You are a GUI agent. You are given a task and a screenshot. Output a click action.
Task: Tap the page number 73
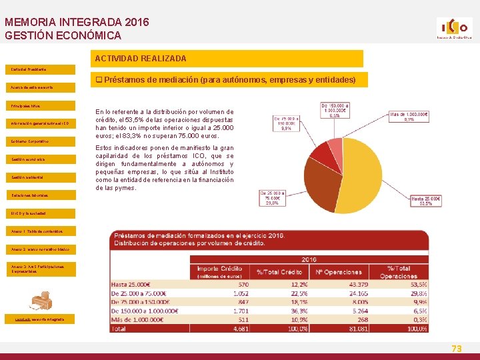(457, 349)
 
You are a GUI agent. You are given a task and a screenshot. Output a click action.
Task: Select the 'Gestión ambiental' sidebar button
(29, 177)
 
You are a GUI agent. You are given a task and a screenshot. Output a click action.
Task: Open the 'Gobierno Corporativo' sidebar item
(31, 141)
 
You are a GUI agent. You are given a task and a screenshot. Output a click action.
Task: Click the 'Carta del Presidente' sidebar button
(27, 69)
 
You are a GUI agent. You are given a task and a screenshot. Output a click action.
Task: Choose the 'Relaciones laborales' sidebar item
(30, 195)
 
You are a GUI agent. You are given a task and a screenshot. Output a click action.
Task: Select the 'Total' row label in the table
(121, 329)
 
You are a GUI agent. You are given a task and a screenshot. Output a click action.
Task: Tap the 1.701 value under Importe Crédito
(239, 310)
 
